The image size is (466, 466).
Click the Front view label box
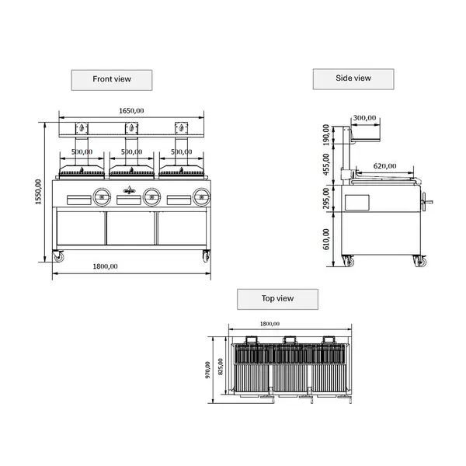tap(111, 79)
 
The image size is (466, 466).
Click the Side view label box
tap(353, 78)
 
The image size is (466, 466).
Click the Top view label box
tap(277, 298)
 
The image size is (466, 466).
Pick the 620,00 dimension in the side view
tap(385, 165)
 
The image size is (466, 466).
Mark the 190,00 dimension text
tap(326, 137)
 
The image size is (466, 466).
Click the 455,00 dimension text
tap(326, 164)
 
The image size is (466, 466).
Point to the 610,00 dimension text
tap(326, 238)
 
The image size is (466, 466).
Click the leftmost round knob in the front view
tap(101, 196)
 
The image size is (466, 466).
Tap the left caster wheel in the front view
tap(58, 256)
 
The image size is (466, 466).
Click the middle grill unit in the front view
tap(132, 170)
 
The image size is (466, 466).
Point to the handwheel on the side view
tap(425, 203)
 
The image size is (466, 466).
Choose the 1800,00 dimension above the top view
tap(269, 324)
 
